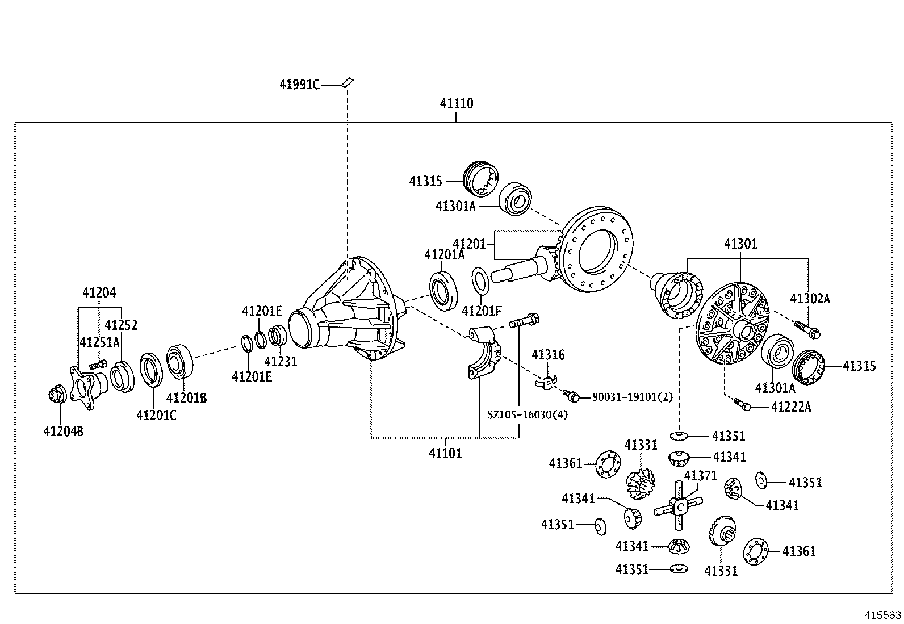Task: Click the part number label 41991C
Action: (299, 85)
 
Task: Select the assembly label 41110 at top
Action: (456, 104)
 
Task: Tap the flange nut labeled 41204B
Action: (57, 394)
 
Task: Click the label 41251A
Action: (99, 342)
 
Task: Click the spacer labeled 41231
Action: (278, 335)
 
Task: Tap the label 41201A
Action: (444, 255)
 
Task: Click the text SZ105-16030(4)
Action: (527, 414)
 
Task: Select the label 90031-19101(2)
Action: (632, 397)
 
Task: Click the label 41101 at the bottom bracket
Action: (445, 454)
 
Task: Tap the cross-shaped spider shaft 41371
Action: (679, 505)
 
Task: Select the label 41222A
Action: (791, 407)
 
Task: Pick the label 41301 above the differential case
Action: (740, 244)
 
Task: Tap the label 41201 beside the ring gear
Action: (469, 244)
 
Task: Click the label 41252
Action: (121, 325)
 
